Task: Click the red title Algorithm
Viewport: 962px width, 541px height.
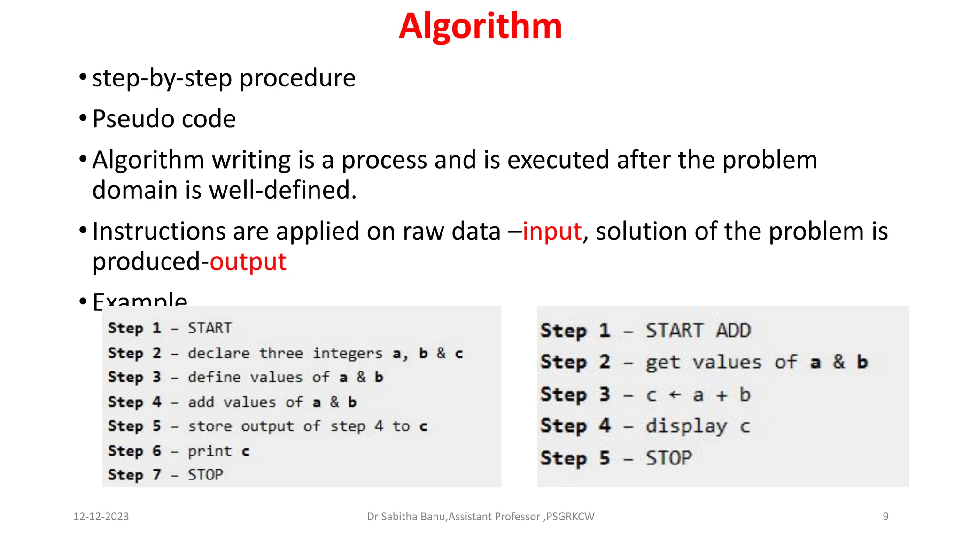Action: [x=480, y=26]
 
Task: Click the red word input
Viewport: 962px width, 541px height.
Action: [x=552, y=232]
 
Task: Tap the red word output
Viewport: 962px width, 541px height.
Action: [x=248, y=262]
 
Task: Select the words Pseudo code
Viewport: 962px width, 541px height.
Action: [x=164, y=119]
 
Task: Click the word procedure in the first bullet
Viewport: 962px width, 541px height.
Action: [x=297, y=78]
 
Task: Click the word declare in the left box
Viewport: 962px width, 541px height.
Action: [x=219, y=353]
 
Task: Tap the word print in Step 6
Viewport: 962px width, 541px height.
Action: [x=209, y=451]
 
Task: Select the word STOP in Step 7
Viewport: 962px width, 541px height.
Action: [x=205, y=475]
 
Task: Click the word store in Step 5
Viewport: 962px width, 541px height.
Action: [x=209, y=426]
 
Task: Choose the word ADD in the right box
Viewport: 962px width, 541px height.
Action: [x=733, y=331]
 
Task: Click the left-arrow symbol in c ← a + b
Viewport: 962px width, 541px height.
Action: [x=675, y=395]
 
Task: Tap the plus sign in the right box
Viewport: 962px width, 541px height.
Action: [x=721, y=395]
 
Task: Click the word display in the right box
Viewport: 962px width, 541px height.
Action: [x=686, y=426]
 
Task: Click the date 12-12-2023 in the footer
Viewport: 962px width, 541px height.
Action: [x=101, y=517]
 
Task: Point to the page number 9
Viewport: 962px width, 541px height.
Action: [x=885, y=517]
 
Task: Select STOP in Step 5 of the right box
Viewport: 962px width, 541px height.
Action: [x=668, y=458]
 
